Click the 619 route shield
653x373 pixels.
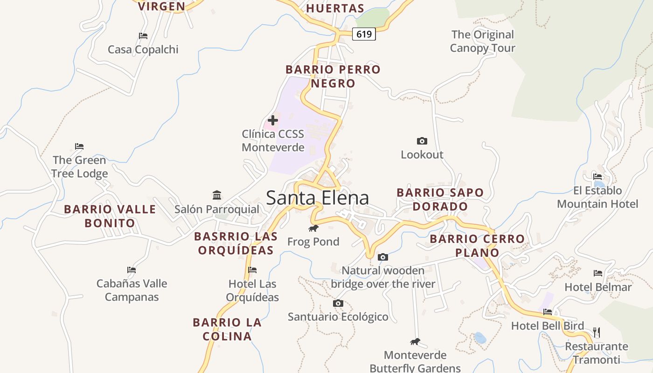click(363, 34)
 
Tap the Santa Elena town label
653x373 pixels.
click(317, 198)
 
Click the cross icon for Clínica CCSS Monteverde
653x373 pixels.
click(273, 120)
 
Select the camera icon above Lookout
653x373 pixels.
click(422, 141)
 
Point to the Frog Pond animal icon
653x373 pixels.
click(313, 228)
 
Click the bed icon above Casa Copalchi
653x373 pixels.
click(143, 35)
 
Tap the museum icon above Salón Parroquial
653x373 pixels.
click(217, 195)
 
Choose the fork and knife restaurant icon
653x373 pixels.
click(596, 332)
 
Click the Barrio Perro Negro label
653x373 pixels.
click(333, 76)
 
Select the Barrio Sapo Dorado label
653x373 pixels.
click(440, 200)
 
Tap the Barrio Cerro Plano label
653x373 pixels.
click(477, 246)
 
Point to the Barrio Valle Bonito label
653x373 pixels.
click(110, 216)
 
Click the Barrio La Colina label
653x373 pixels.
click(227, 329)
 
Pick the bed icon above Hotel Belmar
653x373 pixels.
click(598, 273)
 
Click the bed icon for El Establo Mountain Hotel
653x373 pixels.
click(597, 176)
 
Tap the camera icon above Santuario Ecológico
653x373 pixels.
click(338, 304)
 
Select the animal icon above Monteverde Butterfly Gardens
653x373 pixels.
click(415, 342)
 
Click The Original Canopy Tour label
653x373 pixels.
click(482, 41)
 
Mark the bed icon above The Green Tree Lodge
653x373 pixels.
click(79, 146)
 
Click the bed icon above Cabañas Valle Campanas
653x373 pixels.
click(132, 269)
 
